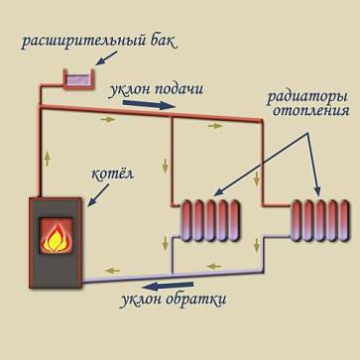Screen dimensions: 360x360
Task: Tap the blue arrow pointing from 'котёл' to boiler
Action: (98, 195)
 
